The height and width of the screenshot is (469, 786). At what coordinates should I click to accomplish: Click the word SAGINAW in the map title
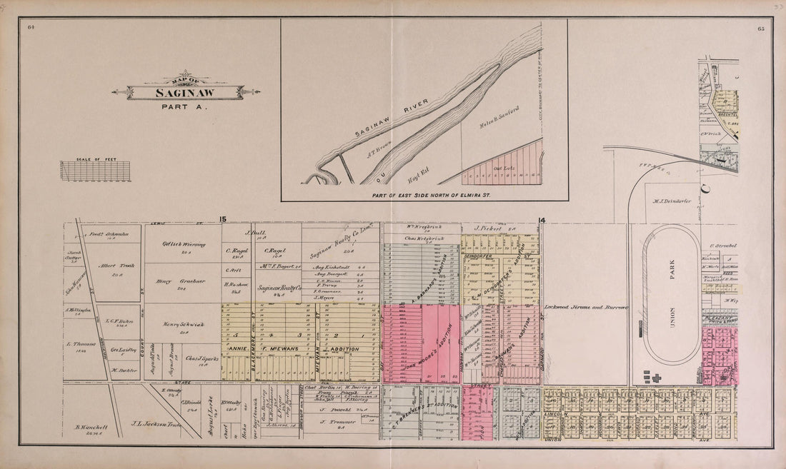click(x=186, y=93)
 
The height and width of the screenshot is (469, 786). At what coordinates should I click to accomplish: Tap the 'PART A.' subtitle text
click(x=186, y=107)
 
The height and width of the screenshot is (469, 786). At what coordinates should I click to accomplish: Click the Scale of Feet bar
click(x=95, y=171)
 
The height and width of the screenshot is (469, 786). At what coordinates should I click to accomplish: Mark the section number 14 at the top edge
click(x=542, y=221)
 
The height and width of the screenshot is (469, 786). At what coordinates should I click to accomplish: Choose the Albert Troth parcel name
click(x=111, y=263)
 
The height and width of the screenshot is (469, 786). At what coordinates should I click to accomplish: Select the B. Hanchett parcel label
click(x=91, y=428)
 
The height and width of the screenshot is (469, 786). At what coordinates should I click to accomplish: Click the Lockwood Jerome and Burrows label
click(x=585, y=307)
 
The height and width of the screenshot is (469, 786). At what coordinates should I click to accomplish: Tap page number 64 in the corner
click(x=31, y=27)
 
